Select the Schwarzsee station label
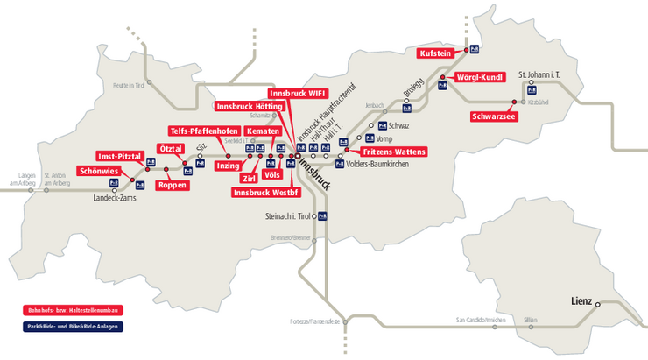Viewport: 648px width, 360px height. tap(493, 116)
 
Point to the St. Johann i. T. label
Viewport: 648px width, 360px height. tap(538, 74)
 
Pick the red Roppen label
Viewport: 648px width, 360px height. tap(170, 185)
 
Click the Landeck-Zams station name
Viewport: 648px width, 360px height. tap(116, 199)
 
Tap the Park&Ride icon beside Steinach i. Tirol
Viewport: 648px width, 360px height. tap(322, 215)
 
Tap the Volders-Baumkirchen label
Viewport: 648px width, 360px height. tap(383, 164)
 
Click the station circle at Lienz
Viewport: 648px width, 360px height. tap(599, 305)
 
